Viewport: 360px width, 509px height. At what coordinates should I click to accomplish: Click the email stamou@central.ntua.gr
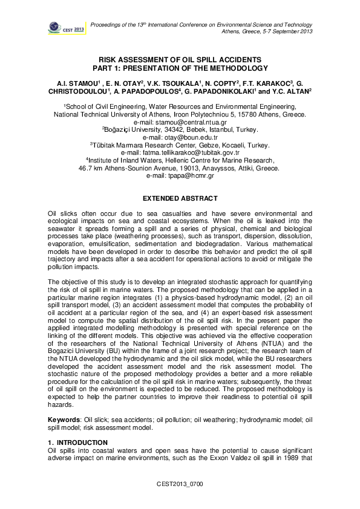(180, 122)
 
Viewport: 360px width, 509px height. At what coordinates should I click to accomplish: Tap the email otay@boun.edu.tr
(180, 137)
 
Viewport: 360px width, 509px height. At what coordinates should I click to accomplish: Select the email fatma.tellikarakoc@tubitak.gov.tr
(180, 153)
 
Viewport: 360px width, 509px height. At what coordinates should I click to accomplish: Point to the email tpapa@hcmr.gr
(180, 177)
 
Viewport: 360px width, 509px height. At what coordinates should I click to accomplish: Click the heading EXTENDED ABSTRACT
(180, 198)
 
